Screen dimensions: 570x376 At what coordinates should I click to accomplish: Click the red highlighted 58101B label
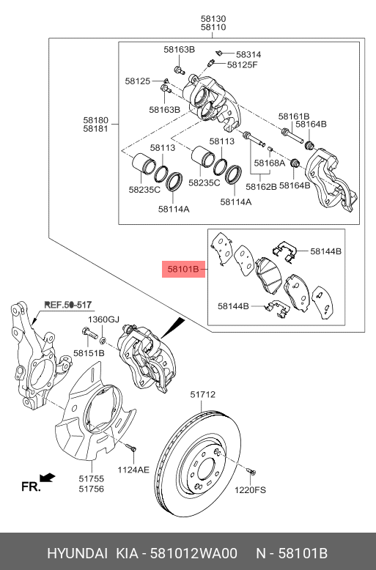tap(183, 270)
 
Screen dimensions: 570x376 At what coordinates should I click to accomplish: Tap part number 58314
tap(248, 54)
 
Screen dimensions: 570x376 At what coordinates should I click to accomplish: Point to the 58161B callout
tap(294, 116)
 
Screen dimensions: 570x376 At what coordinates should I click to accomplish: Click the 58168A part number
tap(269, 163)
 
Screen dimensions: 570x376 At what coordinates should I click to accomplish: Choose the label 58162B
tap(262, 187)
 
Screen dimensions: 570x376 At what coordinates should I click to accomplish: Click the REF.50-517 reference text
tap(68, 304)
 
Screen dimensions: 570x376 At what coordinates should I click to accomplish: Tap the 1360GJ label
tap(103, 319)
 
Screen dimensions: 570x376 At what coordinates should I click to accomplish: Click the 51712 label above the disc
tap(203, 395)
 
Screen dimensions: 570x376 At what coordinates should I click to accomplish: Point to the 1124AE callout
tap(134, 470)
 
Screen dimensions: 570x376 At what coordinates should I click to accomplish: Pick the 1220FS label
tap(250, 490)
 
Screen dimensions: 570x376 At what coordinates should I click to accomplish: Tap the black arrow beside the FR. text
tap(48, 478)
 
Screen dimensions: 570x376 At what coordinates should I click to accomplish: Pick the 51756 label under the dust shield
tap(92, 488)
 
